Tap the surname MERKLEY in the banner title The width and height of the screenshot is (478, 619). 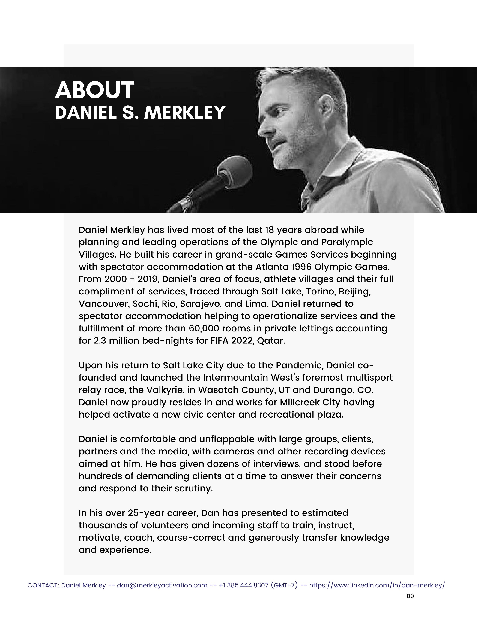click(185, 113)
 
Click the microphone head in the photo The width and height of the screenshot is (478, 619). click(235, 169)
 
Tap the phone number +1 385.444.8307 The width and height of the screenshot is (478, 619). click(243, 585)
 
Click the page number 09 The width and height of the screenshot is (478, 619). click(410, 596)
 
